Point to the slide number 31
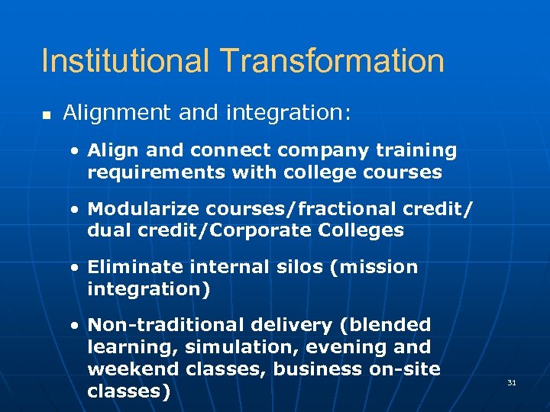[512, 382]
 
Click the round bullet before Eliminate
[75, 268]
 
